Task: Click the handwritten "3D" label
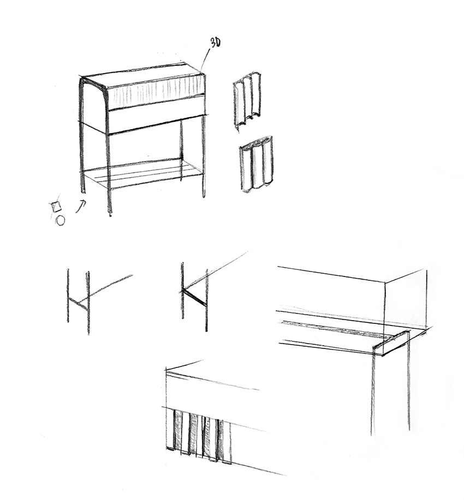point(215,43)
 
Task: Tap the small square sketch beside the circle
point(56,207)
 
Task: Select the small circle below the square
point(61,221)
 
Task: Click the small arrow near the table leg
point(81,206)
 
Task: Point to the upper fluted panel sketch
point(247,101)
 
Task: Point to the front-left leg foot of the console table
point(110,212)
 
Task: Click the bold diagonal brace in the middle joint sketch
point(194,297)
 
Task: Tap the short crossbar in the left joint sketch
point(78,303)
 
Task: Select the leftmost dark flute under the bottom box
point(177,431)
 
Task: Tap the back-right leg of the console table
point(181,149)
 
